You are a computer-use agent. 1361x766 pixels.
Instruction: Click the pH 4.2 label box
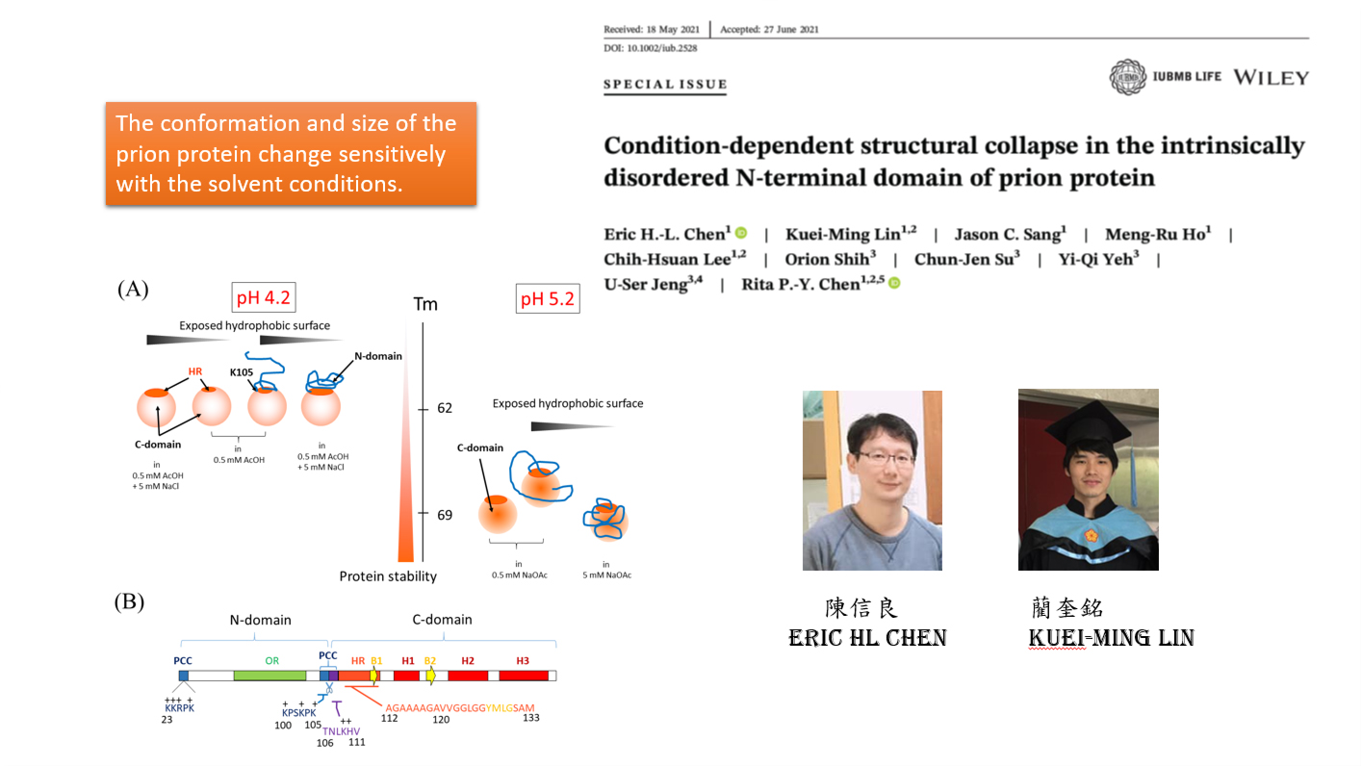pos(264,297)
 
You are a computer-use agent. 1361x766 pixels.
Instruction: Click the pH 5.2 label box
pos(548,298)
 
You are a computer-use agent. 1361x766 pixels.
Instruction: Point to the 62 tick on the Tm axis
pos(423,409)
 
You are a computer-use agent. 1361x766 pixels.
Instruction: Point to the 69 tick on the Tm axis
pos(423,513)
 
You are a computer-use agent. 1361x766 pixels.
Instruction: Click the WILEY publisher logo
pos(1271,78)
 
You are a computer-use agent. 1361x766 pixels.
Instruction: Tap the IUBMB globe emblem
pos(1128,77)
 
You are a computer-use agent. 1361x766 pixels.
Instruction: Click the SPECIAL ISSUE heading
pos(665,85)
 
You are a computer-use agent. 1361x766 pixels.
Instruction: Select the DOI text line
pos(650,48)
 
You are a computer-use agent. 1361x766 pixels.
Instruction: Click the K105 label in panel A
pos(242,372)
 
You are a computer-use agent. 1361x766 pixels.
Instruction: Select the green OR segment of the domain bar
pos(270,676)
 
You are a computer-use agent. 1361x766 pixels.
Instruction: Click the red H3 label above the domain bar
pos(523,661)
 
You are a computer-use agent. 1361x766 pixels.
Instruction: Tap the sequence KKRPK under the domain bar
pos(179,708)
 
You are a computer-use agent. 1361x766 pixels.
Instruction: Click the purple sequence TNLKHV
pos(341,731)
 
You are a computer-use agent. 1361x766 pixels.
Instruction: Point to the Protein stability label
pos(388,575)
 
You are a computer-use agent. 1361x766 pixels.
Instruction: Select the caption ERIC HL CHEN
pos(867,638)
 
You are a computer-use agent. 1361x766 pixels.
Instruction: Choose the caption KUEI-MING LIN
pos(1112,638)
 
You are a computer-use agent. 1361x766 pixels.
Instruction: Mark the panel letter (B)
pos(129,602)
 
